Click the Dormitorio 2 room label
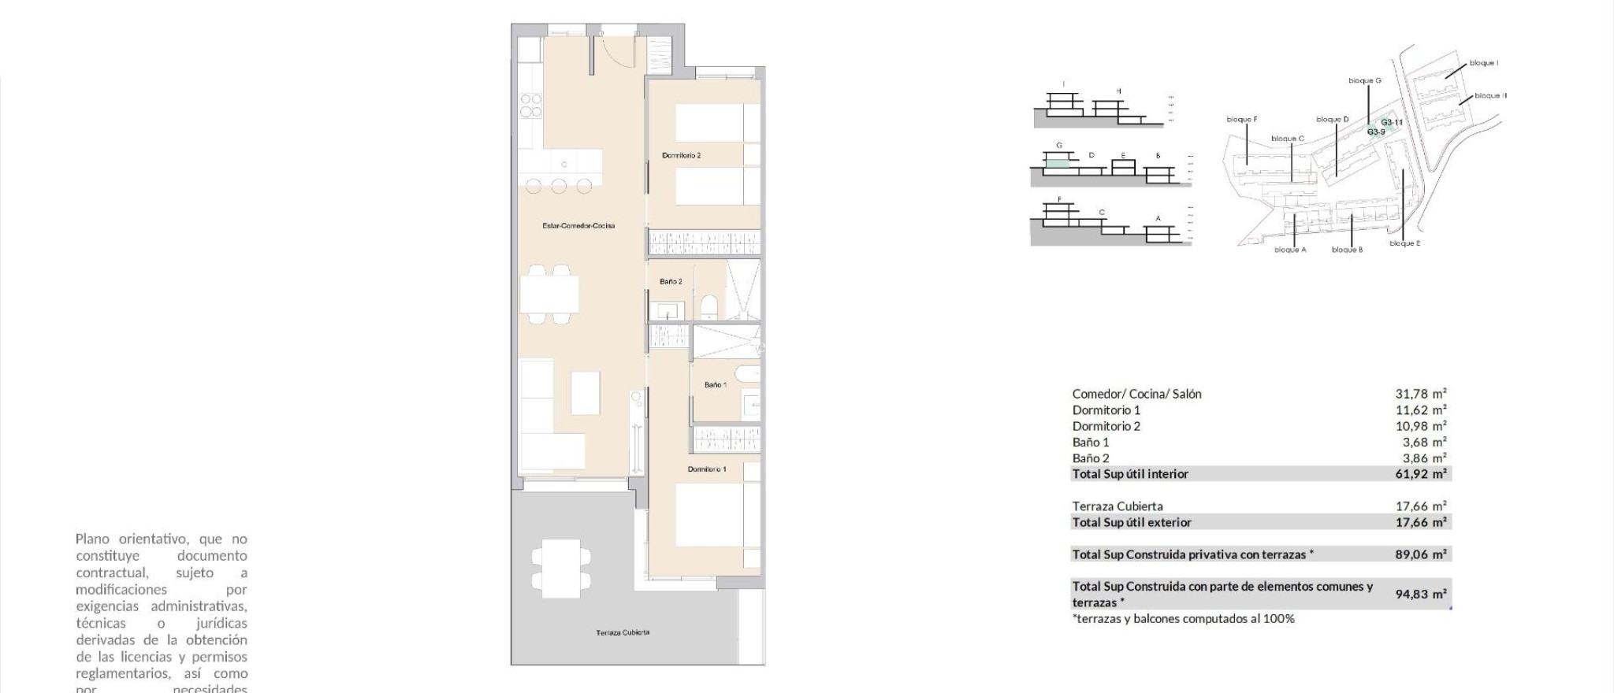click(x=681, y=156)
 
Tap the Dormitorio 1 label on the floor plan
click(x=707, y=469)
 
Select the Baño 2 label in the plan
click(x=671, y=282)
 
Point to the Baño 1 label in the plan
click(x=716, y=385)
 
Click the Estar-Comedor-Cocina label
click(x=578, y=226)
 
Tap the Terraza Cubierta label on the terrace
click(x=623, y=632)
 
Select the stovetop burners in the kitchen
click(x=531, y=106)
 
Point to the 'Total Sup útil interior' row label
click(x=1130, y=474)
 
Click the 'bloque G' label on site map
click(x=1364, y=80)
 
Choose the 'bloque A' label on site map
click(x=1290, y=250)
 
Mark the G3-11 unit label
click(x=1392, y=122)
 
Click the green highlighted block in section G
click(x=1058, y=163)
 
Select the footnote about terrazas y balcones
click(x=1183, y=619)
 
